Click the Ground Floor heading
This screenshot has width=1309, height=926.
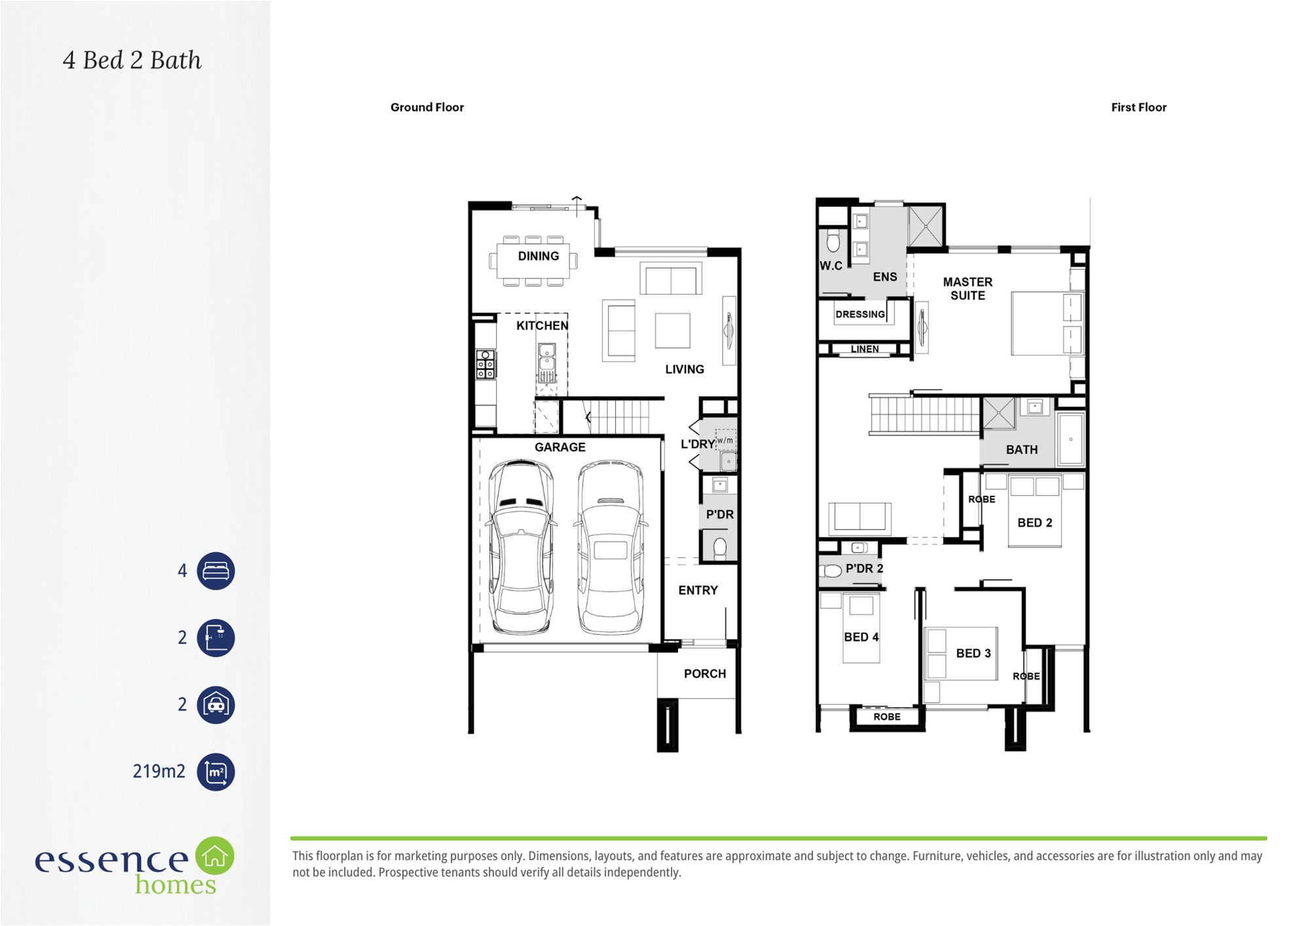click(x=427, y=107)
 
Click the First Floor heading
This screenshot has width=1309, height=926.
click(x=1138, y=107)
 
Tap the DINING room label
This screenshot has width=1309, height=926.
click(x=539, y=256)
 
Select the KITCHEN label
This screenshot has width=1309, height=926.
click(x=542, y=325)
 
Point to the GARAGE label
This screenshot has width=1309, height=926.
click(x=560, y=447)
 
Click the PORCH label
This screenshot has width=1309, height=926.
click(x=705, y=674)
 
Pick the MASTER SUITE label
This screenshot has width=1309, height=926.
click(x=967, y=289)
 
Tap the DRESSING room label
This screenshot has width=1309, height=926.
click(x=860, y=314)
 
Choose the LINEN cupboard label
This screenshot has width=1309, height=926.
click(x=865, y=349)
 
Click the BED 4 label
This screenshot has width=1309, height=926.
click(x=861, y=637)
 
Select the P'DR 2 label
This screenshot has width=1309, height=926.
click(x=864, y=568)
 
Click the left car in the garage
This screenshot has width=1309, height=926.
click(x=521, y=547)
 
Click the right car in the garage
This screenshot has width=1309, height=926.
click(x=611, y=547)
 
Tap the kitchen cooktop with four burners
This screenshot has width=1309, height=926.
click(x=486, y=365)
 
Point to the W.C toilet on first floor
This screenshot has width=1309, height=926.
click(x=833, y=240)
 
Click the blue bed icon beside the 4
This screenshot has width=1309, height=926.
click(x=216, y=571)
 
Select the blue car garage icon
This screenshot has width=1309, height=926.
click(x=216, y=705)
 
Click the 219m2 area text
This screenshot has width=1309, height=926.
click(x=159, y=771)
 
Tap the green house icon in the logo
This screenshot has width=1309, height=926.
click(x=215, y=855)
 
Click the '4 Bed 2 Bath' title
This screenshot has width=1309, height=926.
click(x=132, y=60)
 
